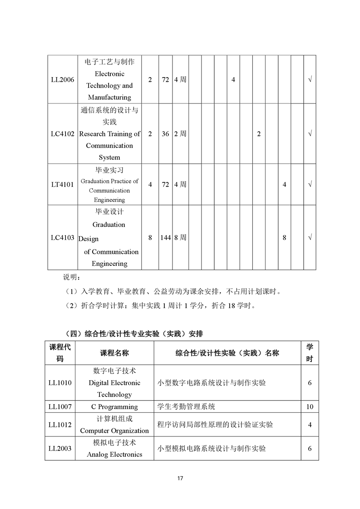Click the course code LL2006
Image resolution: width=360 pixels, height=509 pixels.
pyautogui.click(x=63, y=79)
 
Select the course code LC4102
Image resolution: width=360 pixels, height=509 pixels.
pyautogui.click(x=63, y=134)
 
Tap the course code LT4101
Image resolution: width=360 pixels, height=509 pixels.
pyautogui.click(x=63, y=185)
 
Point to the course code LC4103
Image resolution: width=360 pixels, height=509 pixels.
pyautogui.click(x=63, y=237)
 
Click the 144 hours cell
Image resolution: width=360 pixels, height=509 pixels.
pyautogui.click(x=165, y=237)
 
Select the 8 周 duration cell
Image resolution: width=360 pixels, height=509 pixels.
pyautogui.click(x=180, y=237)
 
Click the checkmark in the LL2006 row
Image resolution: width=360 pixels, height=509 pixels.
pyautogui.click(x=310, y=79)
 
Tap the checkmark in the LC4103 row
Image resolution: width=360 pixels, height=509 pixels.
pyautogui.click(x=310, y=237)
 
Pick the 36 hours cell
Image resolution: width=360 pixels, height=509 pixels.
pyautogui.click(x=165, y=134)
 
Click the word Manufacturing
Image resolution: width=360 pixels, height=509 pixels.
pyautogui.click(x=109, y=97)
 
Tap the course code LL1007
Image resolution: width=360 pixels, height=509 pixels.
pyautogui.click(x=60, y=406)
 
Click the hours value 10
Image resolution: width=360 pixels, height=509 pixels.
pyautogui.click(x=310, y=406)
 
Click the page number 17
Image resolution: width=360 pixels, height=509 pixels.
pyautogui.click(x=180, y=478)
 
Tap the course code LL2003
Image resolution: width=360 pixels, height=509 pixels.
pyautogui.click(x=60, y=448)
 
